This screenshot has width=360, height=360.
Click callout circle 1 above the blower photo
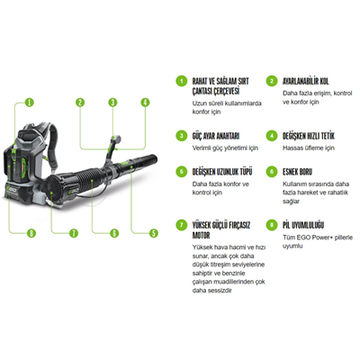29,103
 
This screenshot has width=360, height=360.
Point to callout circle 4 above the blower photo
144,103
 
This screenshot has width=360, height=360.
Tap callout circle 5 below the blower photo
153,233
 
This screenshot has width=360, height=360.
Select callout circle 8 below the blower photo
32,233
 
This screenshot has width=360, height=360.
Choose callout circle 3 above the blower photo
112,103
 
